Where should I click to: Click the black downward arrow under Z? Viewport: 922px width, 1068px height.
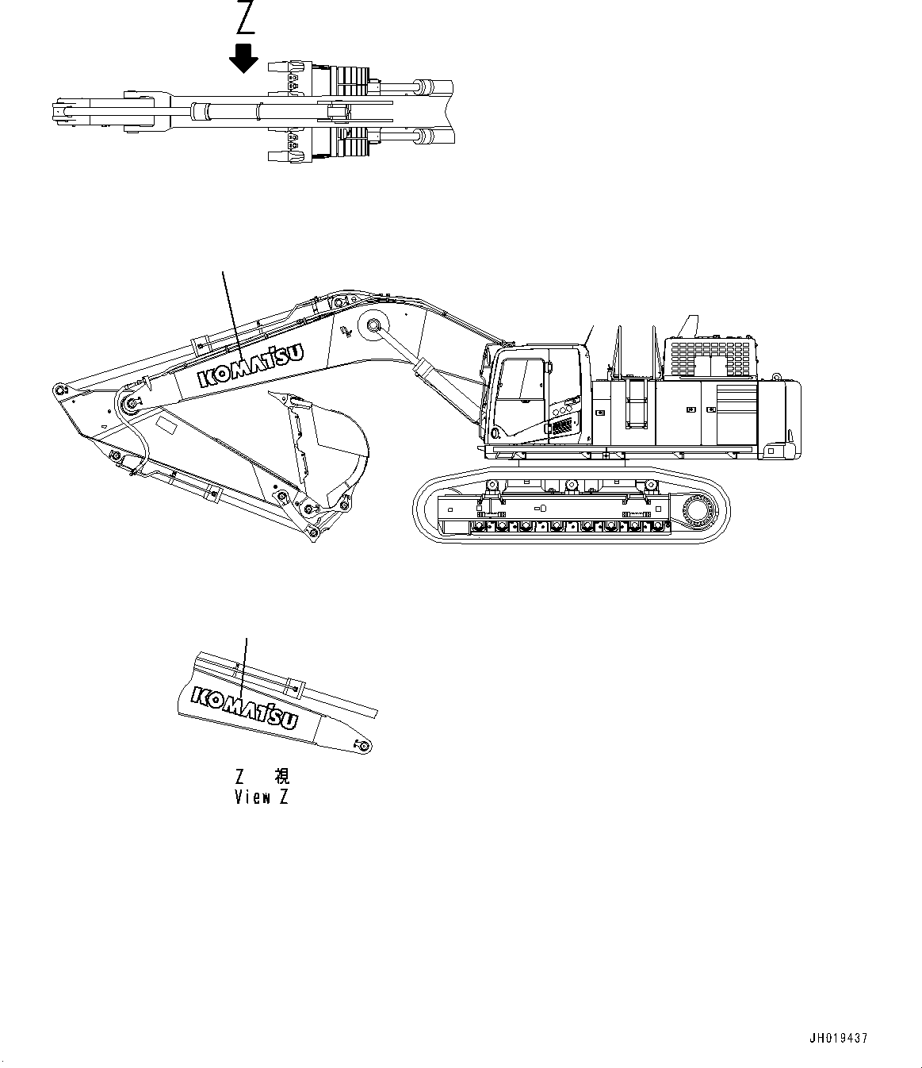pyautogui.click(x=244, y=58)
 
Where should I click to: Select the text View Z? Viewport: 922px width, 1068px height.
pyautogui.click(x=262, y=797)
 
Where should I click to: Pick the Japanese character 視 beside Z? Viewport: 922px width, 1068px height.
pyautogui.click(x=281, y=776)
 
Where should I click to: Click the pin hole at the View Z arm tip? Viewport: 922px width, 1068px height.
pyautogui.click(x=363, y=746)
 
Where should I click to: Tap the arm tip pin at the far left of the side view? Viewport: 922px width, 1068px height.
pyautogui.click(x=58, y=389)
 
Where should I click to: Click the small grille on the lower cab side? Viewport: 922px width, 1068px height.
pyautogui.click(x=561, y=427)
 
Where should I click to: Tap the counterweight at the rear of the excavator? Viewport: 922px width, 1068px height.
pyautogui.click(x=781, y=417)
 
